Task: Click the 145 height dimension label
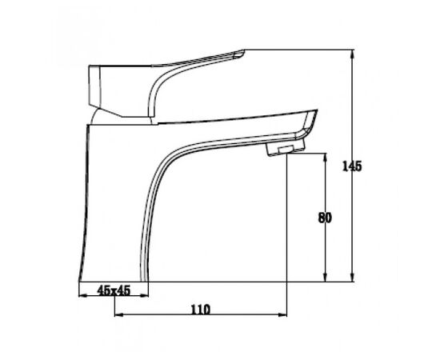click(352, 166)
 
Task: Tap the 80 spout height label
click(325, 218)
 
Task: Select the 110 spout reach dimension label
click(200, 310)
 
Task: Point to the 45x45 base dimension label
click(114, 290)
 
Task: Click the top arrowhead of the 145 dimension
click(353, 54)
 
